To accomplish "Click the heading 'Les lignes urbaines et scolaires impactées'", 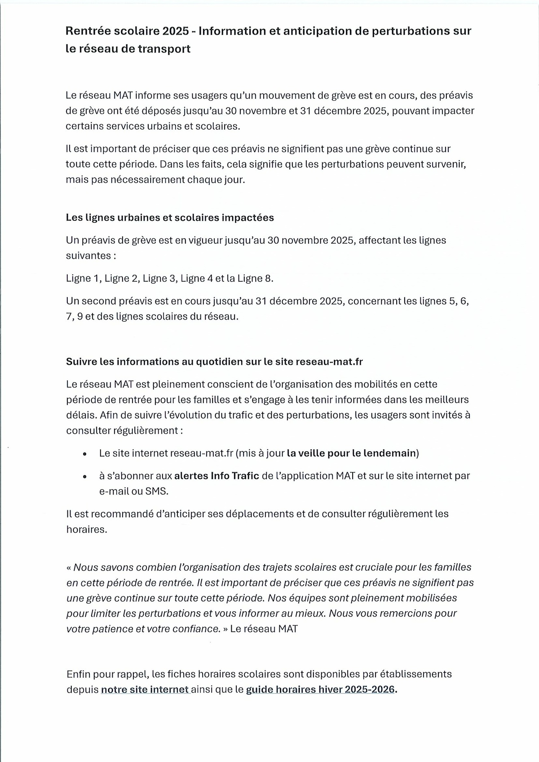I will tap(170, 218).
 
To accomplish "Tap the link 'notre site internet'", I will tap(145, 689).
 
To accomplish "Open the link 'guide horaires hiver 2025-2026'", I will tap(321, 689).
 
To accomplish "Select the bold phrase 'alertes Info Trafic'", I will tap(216, 476).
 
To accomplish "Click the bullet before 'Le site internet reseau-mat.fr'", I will tap(84, 454).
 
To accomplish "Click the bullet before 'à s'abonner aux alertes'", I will tap(84, 477).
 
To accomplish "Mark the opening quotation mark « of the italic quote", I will tap(69, 568).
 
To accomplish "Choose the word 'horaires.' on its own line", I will tap(87, 530).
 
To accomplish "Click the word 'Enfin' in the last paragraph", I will tap(79, 674).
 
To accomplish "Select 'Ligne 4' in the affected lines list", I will tap(196, 279).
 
